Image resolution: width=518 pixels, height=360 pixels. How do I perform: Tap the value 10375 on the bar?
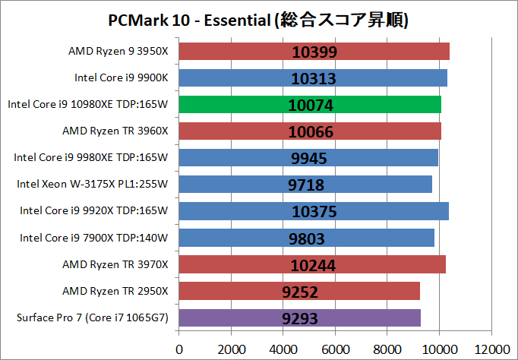coord(312,212)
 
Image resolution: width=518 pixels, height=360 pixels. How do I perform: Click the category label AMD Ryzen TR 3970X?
coord(115,264)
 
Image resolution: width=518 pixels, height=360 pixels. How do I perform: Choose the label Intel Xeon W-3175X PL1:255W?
coord(92,184)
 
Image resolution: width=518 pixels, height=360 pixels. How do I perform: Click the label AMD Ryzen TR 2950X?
coord(115,291)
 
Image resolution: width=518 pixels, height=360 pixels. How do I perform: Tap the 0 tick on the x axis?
coord(179,349)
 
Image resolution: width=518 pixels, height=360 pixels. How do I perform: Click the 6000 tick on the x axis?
coord(335,349)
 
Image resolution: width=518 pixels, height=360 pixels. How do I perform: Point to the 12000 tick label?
coord(490,349)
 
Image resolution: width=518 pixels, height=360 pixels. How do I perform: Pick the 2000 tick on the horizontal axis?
coord(231,349)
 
